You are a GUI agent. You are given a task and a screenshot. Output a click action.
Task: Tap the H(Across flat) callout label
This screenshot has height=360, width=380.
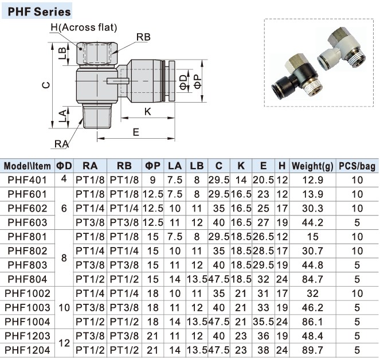coord(83,27)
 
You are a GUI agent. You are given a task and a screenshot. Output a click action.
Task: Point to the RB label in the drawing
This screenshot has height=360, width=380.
coord(143,37)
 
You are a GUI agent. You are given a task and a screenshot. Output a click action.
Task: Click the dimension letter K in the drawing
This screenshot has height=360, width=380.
coord(147,112)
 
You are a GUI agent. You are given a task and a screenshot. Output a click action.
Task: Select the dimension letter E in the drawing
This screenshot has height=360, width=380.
coord(136,132)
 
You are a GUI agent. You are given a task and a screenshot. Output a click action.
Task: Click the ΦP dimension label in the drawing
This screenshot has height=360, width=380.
coord(197,81)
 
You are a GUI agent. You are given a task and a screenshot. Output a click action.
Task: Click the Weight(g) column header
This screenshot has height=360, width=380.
coord(312,166)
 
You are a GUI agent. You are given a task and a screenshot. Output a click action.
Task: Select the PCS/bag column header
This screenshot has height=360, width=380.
coord(357,166)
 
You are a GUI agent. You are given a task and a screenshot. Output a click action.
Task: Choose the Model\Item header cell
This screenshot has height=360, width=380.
coord(28,166)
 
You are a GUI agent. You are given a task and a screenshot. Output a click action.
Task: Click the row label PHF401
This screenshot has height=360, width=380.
coord(28,179)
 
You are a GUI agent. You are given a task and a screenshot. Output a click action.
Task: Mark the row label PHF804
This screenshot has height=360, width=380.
coord(28,280)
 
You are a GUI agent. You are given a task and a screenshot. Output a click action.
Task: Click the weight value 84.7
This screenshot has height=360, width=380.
coord(312,280)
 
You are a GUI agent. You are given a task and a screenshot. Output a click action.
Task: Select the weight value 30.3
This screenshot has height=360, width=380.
coord(312,208)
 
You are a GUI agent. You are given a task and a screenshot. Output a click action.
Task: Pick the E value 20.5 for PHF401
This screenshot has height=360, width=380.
coord(263,179)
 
